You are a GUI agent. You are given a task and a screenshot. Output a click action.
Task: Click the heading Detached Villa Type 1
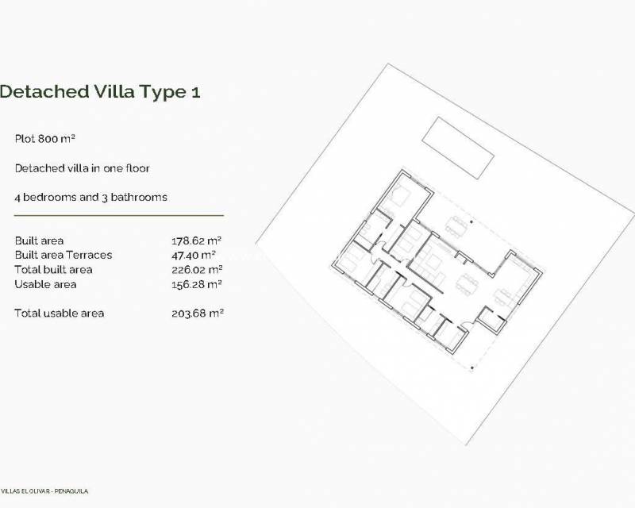click(99, 91)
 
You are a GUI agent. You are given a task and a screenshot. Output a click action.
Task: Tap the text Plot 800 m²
click(44, 139)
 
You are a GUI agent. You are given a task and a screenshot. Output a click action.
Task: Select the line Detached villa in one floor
click(82, 168)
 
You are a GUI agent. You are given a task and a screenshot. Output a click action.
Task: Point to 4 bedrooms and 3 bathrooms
click(90, 197)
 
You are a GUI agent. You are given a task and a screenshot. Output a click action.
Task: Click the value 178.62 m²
click(196, 241)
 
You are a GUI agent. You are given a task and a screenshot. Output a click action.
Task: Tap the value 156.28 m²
click(196, 284)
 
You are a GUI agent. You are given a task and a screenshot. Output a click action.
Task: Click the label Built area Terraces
click(63, 255)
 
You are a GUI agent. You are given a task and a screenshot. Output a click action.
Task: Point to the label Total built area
click(53, 270)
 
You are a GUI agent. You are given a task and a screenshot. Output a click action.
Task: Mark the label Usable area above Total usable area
click(45, 284)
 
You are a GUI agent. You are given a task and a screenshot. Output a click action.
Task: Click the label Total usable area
click(59, 314)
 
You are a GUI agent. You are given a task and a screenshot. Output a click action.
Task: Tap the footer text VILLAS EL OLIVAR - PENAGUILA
click(44, 491)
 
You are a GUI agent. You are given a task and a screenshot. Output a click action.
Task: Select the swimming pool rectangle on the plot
click(459, 148)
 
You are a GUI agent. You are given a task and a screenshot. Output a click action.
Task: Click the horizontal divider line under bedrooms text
click(119, 215)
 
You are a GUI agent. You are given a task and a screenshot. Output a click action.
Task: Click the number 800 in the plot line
click(53, 139)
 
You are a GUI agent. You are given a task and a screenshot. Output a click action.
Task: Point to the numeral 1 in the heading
click(195, 91)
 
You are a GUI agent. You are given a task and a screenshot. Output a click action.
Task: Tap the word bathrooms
click(141, 197)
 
